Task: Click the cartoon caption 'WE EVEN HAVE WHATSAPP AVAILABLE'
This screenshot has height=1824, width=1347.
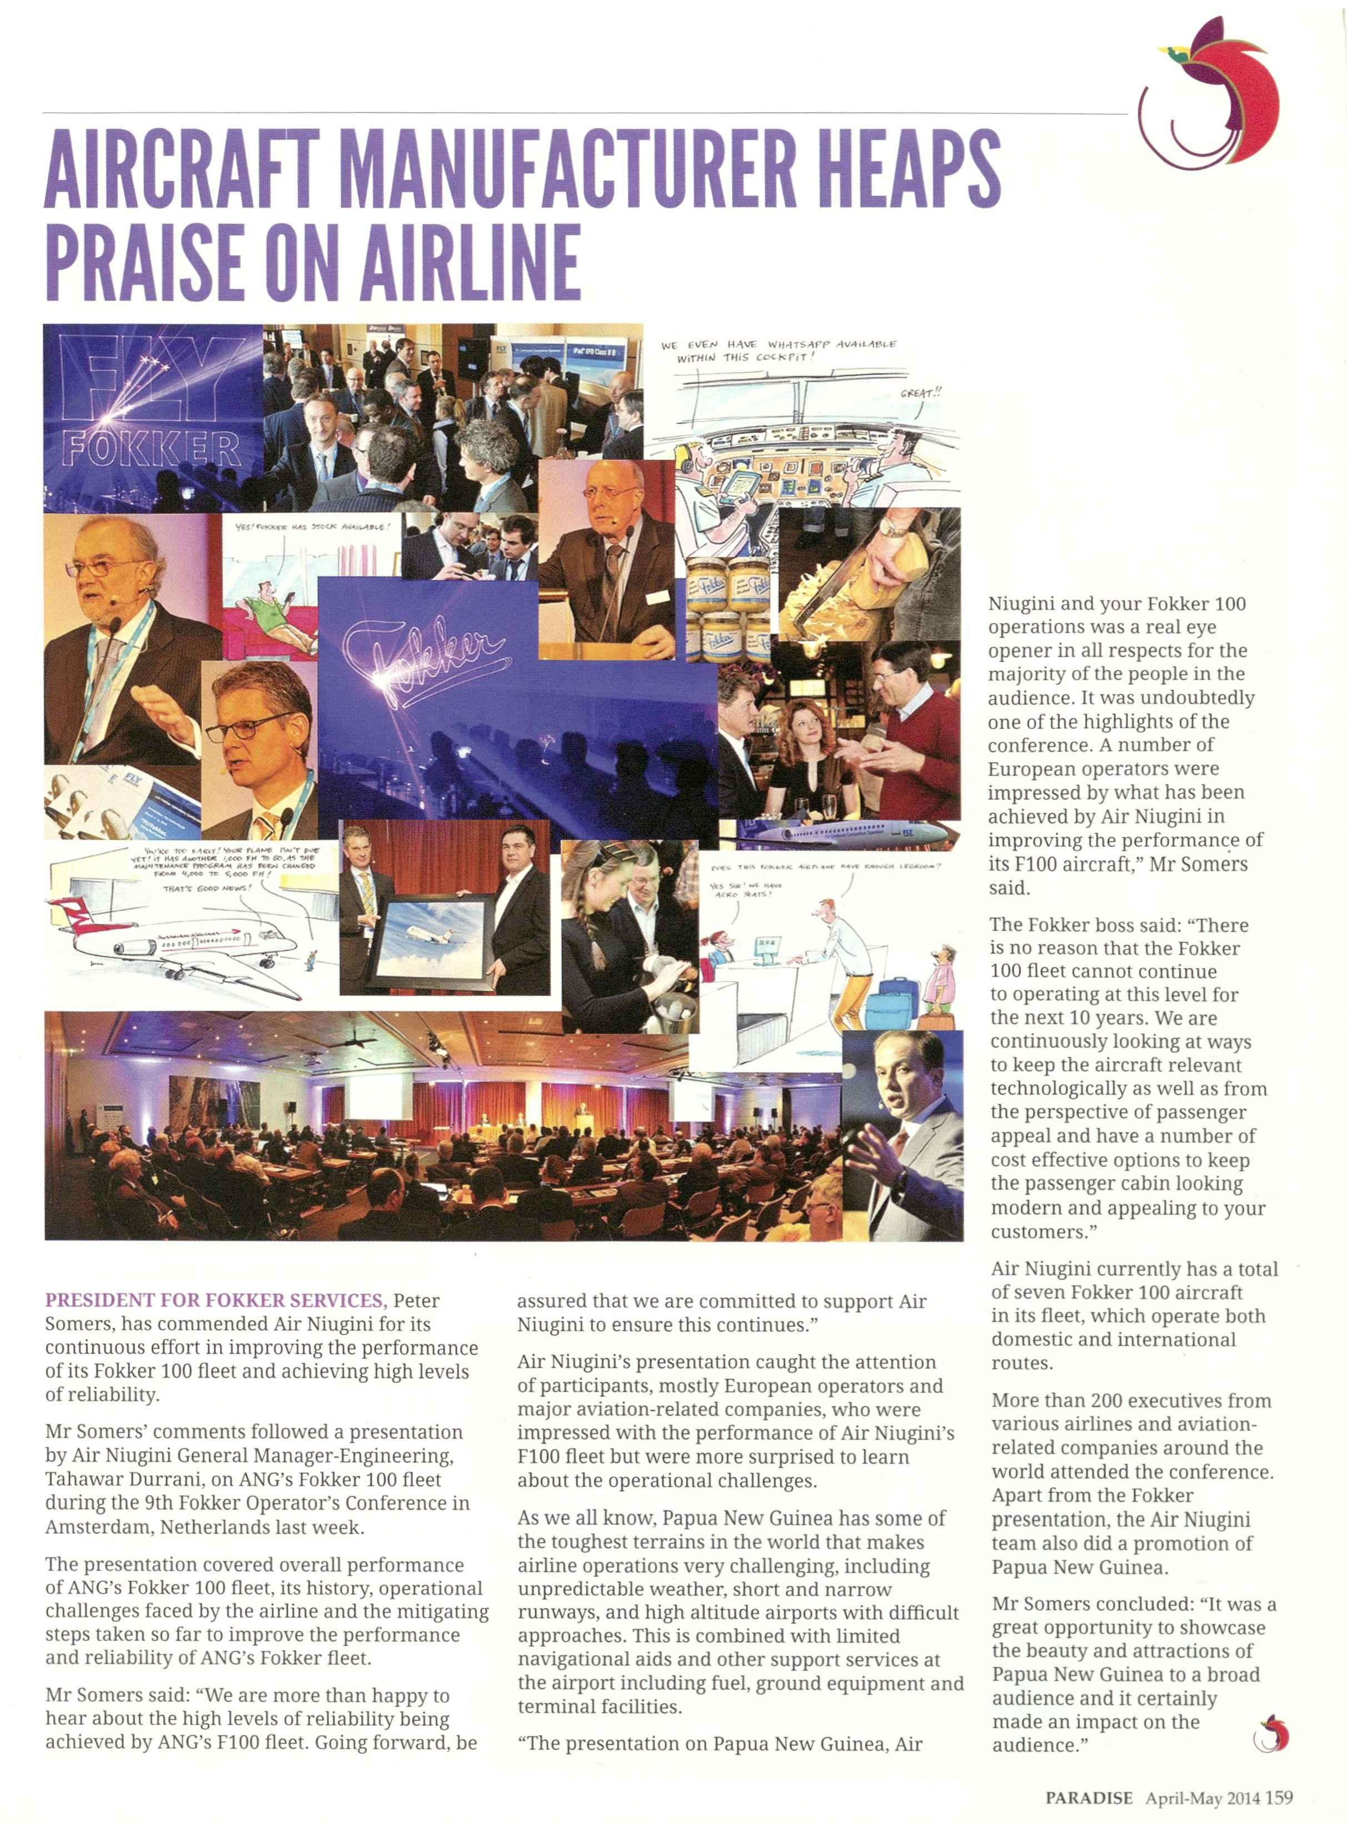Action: pos(779,345)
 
